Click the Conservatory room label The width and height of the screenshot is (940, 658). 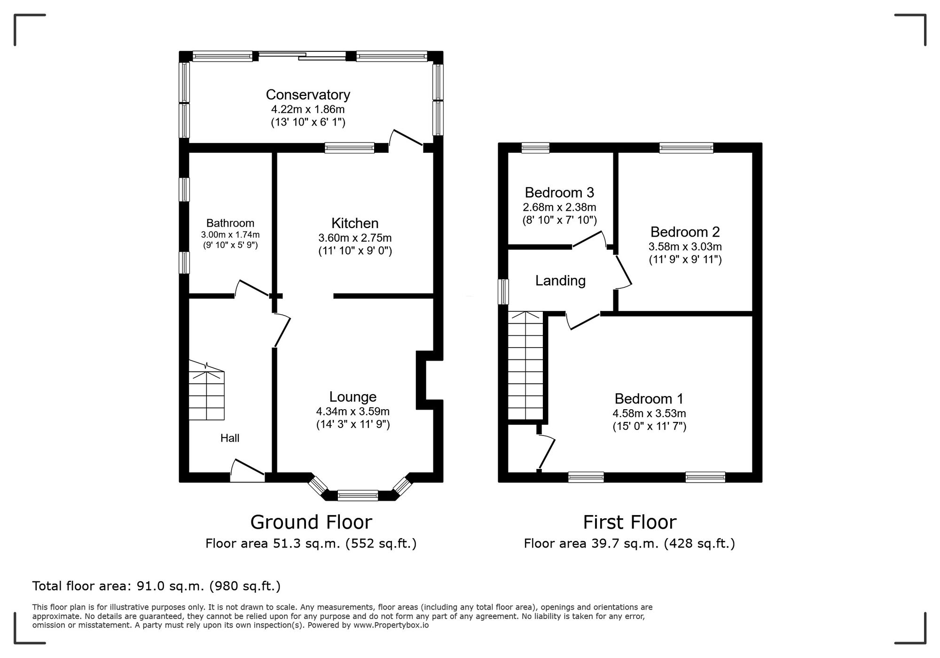pos(308,95)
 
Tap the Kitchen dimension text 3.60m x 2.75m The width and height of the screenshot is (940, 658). pos(355,238)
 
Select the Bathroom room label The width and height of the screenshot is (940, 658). pos(230,223)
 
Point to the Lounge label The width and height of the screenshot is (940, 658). pos(353,397)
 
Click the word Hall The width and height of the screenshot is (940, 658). pos(230,438)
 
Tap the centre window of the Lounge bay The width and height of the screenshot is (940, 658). pos(358,495)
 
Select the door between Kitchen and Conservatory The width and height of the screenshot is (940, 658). pos(407,140)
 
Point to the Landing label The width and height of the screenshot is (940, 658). pos(560,281)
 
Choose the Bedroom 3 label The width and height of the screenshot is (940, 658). pos(559,192)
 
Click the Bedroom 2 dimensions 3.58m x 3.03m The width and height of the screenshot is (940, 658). pos(685,246)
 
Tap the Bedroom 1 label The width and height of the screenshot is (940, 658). pos(649,399)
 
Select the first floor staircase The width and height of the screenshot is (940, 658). pos(526,365)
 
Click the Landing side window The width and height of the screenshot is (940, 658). pos(503,292)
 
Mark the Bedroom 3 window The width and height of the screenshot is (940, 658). pos(535,148)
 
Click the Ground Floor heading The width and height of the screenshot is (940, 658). pos(311,522)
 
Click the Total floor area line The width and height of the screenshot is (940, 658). pos(157,586)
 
